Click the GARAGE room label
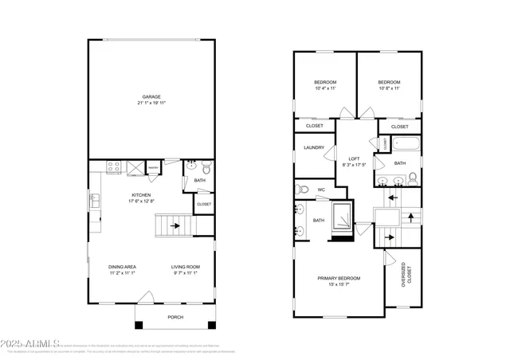(x=151, y=97)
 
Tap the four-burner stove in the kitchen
(x=113, y=167)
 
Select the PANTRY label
(x=152, y=167)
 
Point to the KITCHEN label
(x=141, y=195)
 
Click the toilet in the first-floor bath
(x=206, y=168)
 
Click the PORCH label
(x=175, y=316)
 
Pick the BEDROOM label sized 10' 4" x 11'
(x=324, y=83)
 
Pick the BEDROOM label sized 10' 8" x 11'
(x=388, y=83)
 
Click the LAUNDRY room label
(x=313, y=147)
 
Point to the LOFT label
(x=354, y=158)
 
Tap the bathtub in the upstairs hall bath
(x=401, y=145)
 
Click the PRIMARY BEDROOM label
(x=339, y=278)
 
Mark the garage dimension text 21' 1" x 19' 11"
(x=151, y=104)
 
